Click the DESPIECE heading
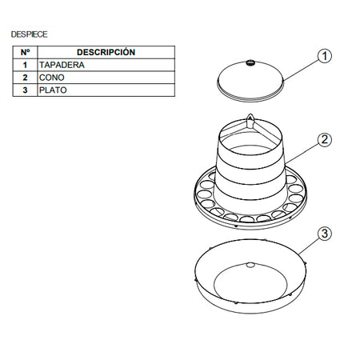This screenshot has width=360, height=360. (29, 34)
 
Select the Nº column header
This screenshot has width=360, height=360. (25, 52)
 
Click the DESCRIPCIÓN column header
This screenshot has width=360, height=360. (106, 52)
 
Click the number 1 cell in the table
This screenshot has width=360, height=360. (25, 65)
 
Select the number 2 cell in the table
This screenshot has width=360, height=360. (25, 78)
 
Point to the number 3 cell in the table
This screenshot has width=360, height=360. (25, 90)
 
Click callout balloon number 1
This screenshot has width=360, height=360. (325, 56)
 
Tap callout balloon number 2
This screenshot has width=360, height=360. (325, 139)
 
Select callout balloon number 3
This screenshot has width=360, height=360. (325, 234)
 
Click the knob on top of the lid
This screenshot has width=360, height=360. (250, 63)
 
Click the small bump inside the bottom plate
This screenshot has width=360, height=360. (250, 265)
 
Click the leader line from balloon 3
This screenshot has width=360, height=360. (310, 246)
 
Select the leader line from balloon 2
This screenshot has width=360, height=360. (302, 154)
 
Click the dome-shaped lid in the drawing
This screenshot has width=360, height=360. (250, 81)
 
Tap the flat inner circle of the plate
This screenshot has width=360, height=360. (250, 283)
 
